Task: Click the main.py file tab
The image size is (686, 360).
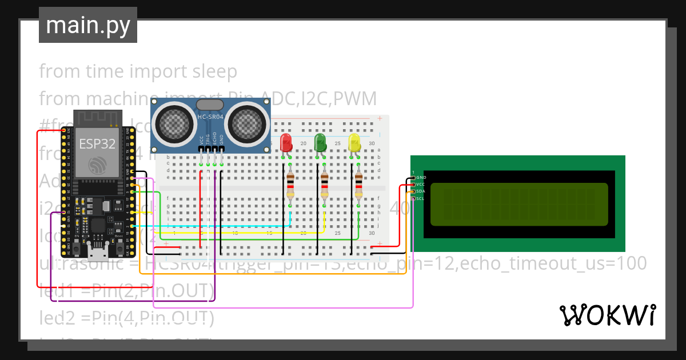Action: coord(87,25)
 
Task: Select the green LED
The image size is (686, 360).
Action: coord(321,143)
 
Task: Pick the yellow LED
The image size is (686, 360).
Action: coord(354,143)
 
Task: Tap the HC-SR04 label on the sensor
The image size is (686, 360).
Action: coord(209,117)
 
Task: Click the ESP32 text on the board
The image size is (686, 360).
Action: coord(97,143)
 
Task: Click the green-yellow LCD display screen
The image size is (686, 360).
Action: coord(519,203)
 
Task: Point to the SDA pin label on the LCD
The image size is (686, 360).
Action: coord(420,191)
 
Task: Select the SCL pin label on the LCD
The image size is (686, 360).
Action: coord(420,198)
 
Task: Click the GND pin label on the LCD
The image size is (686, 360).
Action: coord(421,178)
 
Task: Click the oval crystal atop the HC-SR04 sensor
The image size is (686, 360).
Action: coord(209,105)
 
